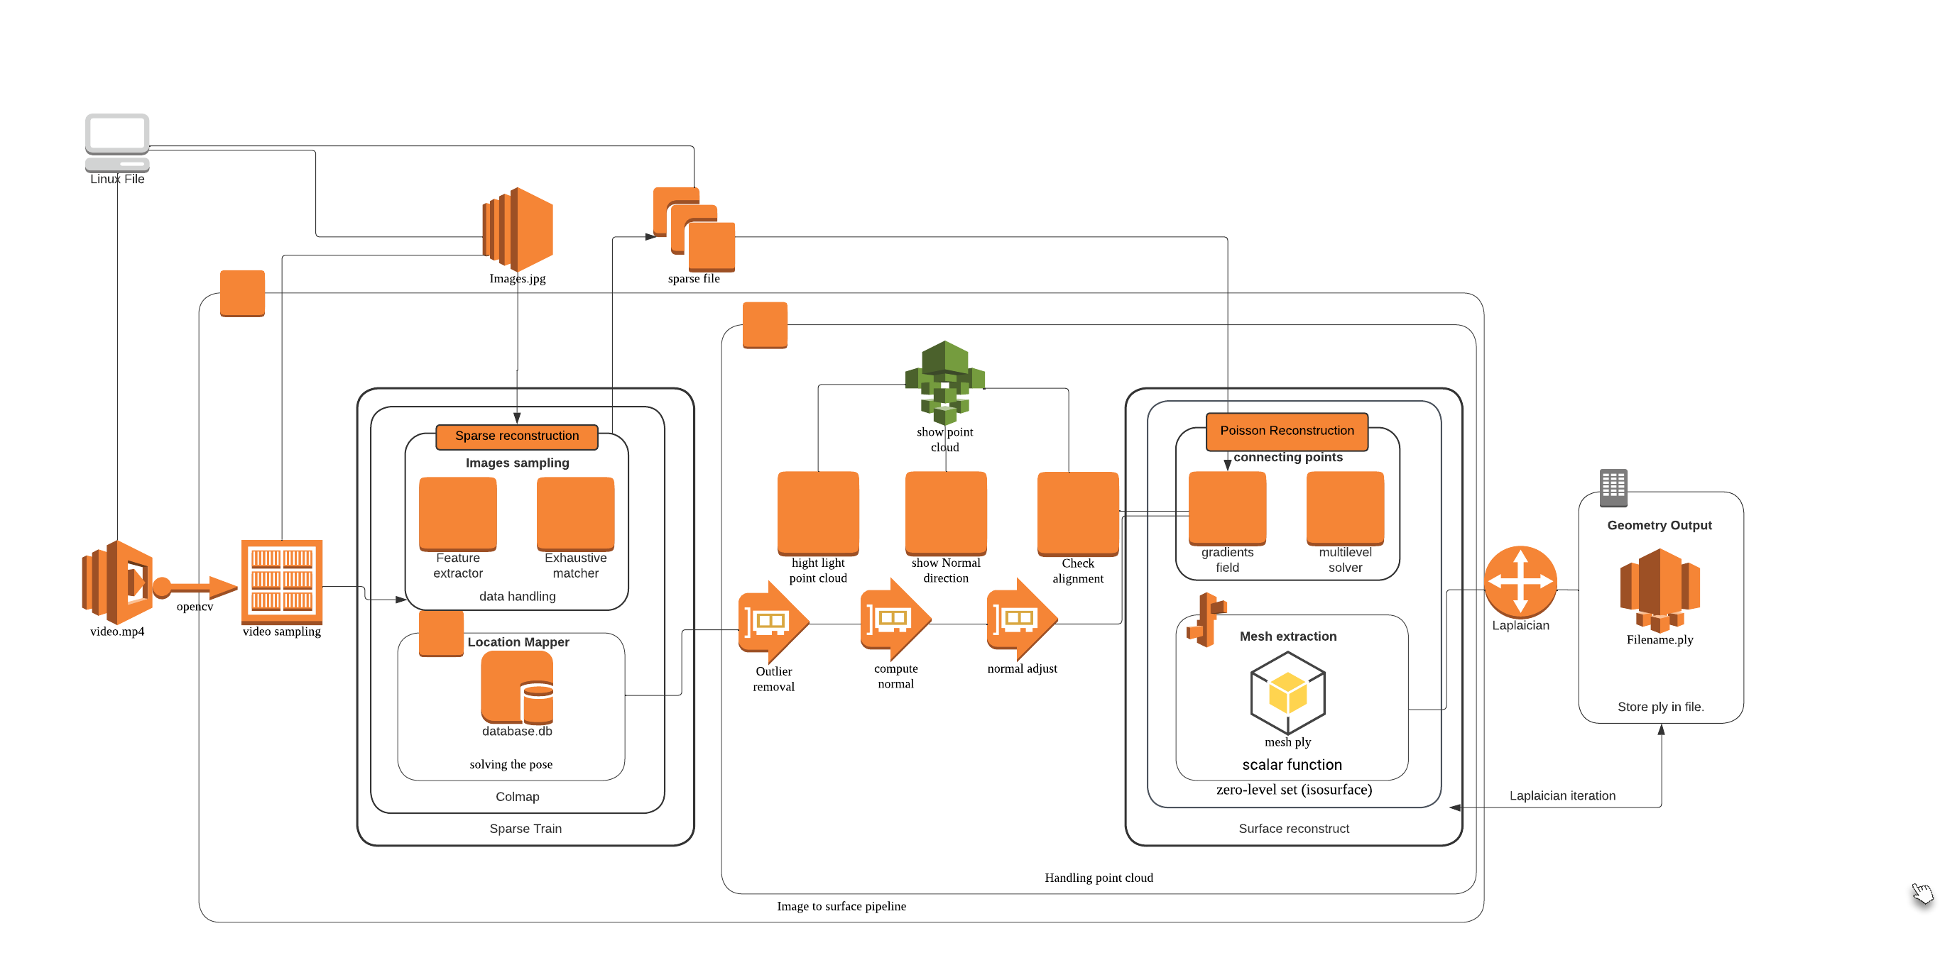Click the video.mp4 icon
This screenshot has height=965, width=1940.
117,582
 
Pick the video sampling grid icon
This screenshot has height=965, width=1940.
282,582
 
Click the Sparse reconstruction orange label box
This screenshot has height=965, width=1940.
517,436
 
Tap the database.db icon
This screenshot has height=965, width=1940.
518,688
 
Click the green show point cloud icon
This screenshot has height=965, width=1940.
944,382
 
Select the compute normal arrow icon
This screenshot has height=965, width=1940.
895,619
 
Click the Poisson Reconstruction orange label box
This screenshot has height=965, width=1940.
1286,431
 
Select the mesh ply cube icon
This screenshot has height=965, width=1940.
1288,693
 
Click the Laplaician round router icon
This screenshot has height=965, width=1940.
1520,582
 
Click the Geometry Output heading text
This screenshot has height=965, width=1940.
1659,525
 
